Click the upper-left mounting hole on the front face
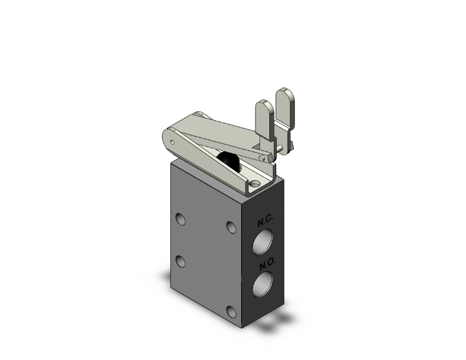click(181, 219)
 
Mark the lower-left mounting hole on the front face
click(180, 260)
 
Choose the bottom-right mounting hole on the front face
click(232, 312)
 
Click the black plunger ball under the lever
click(230, 161)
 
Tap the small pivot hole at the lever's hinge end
click(171, 143)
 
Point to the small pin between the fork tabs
click(287, 147)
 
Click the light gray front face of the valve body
click(204, 250)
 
